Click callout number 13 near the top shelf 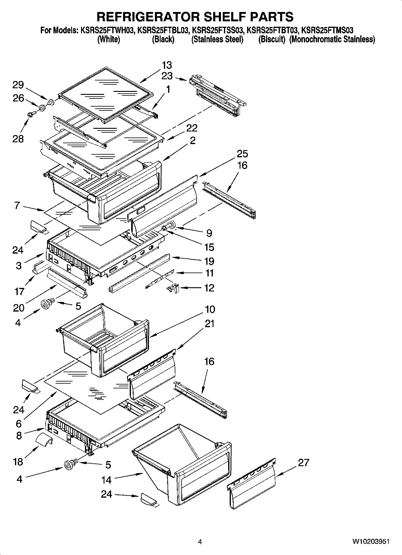coord(167,65)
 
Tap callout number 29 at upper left coord(18,85)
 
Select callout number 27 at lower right coord(303,463)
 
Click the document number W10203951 coord(371,542)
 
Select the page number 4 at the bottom coord(200,542)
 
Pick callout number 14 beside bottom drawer coord(107,480)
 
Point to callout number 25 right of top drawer coord(242,154)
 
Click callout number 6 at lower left coord(19,424)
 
